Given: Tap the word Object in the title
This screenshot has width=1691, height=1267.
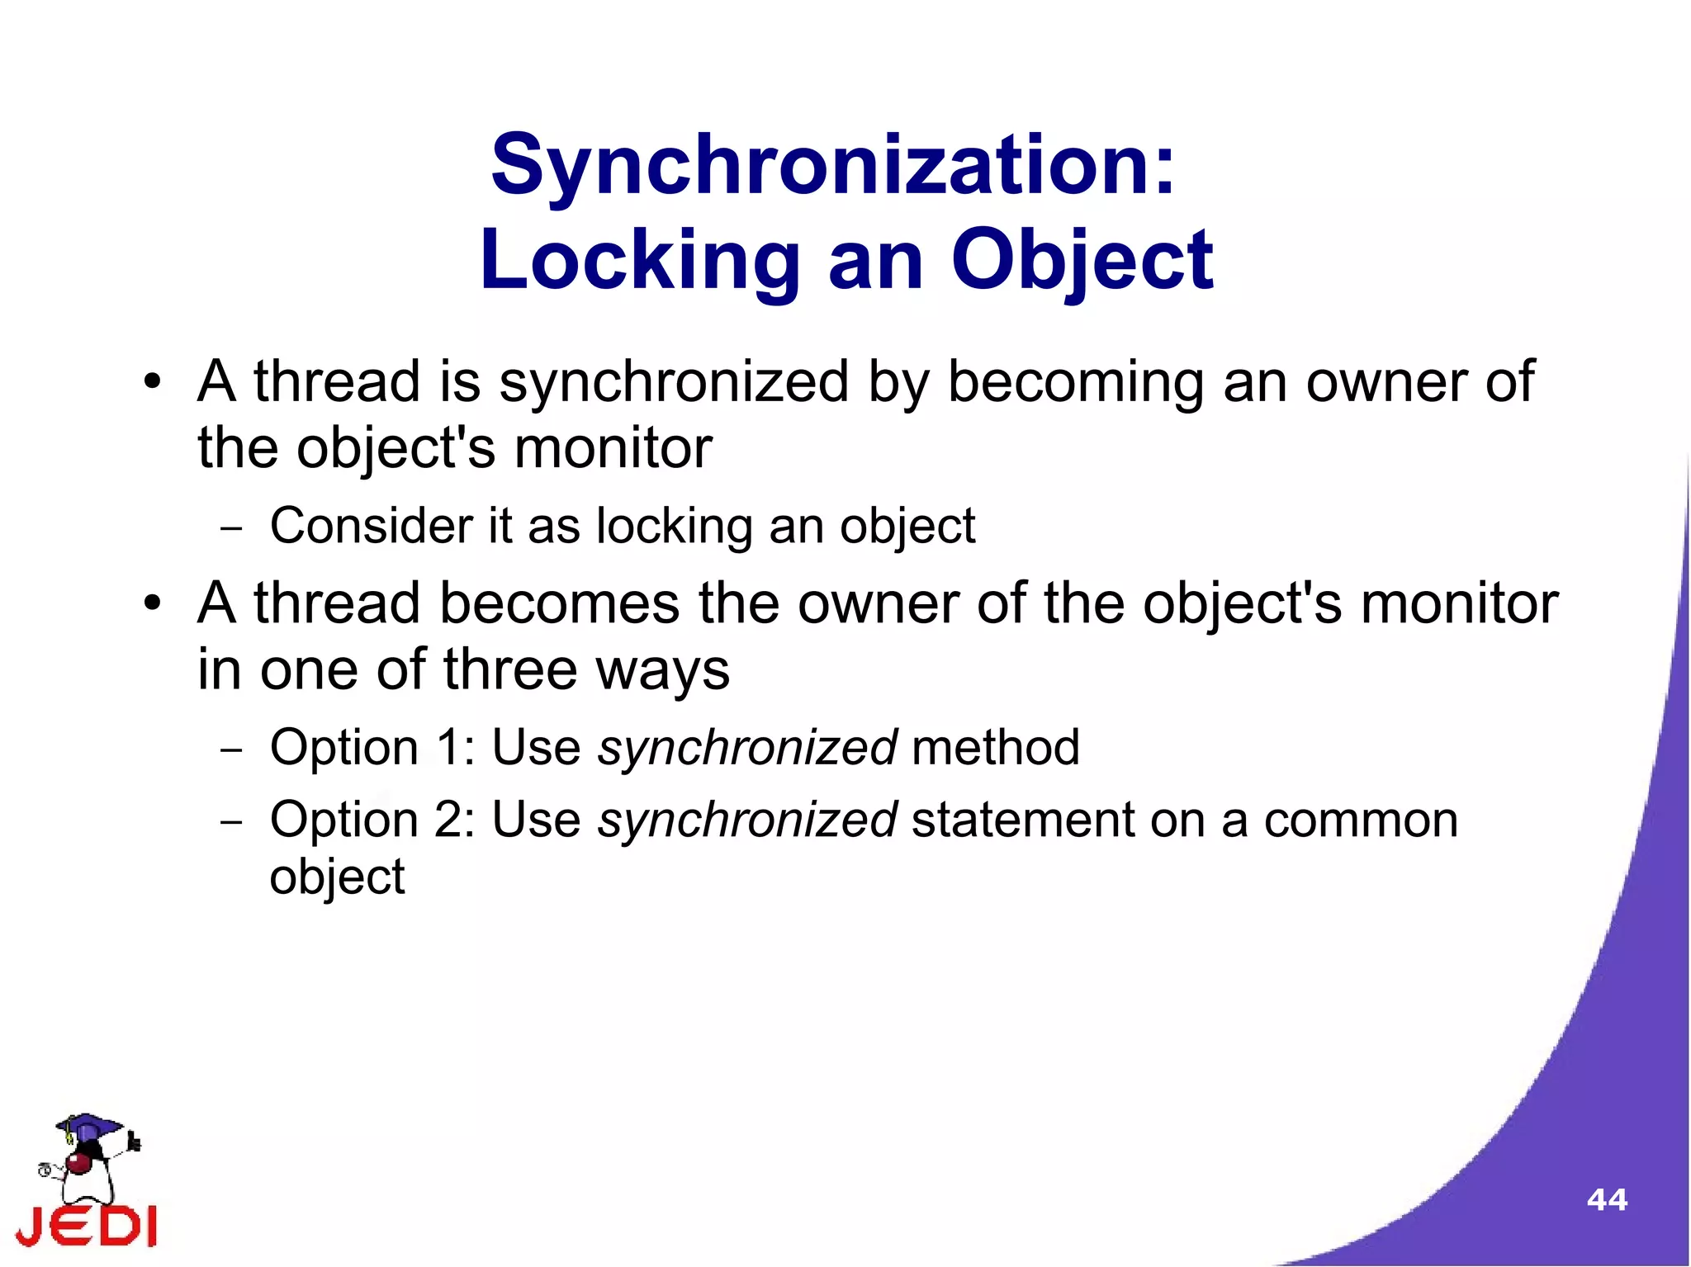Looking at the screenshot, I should [x=1082, y=262].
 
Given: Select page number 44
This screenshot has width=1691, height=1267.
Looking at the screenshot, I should [x=1606, y=1199].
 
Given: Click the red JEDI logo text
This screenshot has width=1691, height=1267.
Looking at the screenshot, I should [x=87, y=1226].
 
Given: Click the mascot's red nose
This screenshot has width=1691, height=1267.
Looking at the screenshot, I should [x=79, y=1164].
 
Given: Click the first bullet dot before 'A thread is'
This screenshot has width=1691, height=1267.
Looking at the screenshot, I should [x=151, y=383].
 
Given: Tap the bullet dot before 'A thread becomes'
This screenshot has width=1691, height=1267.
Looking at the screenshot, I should [x=151, y=604].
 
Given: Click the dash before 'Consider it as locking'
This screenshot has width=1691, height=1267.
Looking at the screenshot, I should [x=232, y=528].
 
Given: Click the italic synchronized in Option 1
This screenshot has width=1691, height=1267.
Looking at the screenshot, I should [x=747, y=748].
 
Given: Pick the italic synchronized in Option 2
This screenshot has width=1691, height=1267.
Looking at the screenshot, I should [x=747, y=820].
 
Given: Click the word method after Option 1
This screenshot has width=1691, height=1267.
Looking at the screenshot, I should [x=996, y=748].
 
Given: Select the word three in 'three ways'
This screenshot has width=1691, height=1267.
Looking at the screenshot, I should [x=510, y=669].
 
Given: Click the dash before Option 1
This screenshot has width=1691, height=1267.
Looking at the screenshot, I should [x=232, y=750].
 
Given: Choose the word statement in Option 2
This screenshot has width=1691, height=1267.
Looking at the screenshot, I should [x=1022, y=820].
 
